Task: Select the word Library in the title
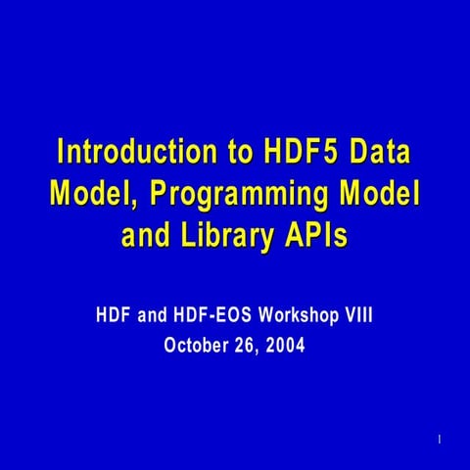231,236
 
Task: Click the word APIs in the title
316,236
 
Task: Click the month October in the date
196,345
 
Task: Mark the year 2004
287,345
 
